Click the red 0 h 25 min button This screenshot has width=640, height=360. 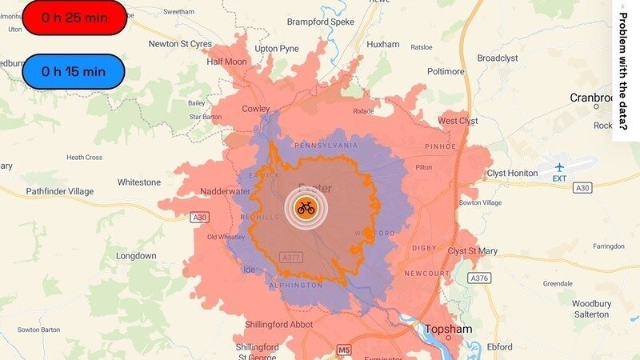pyautogui.click(x=74, y=18)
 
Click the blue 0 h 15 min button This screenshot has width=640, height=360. pyautogui.click(x=74, y=71)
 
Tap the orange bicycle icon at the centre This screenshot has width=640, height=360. pyautogui.click(x=306, y=208)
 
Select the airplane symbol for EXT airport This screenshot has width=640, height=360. pyautogui.click(x=559, y=166)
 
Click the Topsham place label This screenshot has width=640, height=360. pyautogui.click(x=447, y=330)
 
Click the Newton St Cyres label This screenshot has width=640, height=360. pyautogui.click(x=179, y=44)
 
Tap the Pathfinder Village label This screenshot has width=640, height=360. pyautogui.click(x=60, y=191)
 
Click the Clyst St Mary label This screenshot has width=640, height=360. pyautogui.click(x=472, y=251)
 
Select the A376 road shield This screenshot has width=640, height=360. pyautogui.click(x=479, y=278)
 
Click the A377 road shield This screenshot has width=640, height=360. pyautogui.click(x=291, y=257)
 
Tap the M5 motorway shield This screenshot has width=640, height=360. pyautogui.click(x=345, y=350)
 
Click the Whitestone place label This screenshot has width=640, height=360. pyautogui.click(x=139, y=182)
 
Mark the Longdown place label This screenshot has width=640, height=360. pyautogui.click(x=136, y=256)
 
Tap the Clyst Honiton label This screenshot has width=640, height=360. pyautogui.click(x=512, y=174)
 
